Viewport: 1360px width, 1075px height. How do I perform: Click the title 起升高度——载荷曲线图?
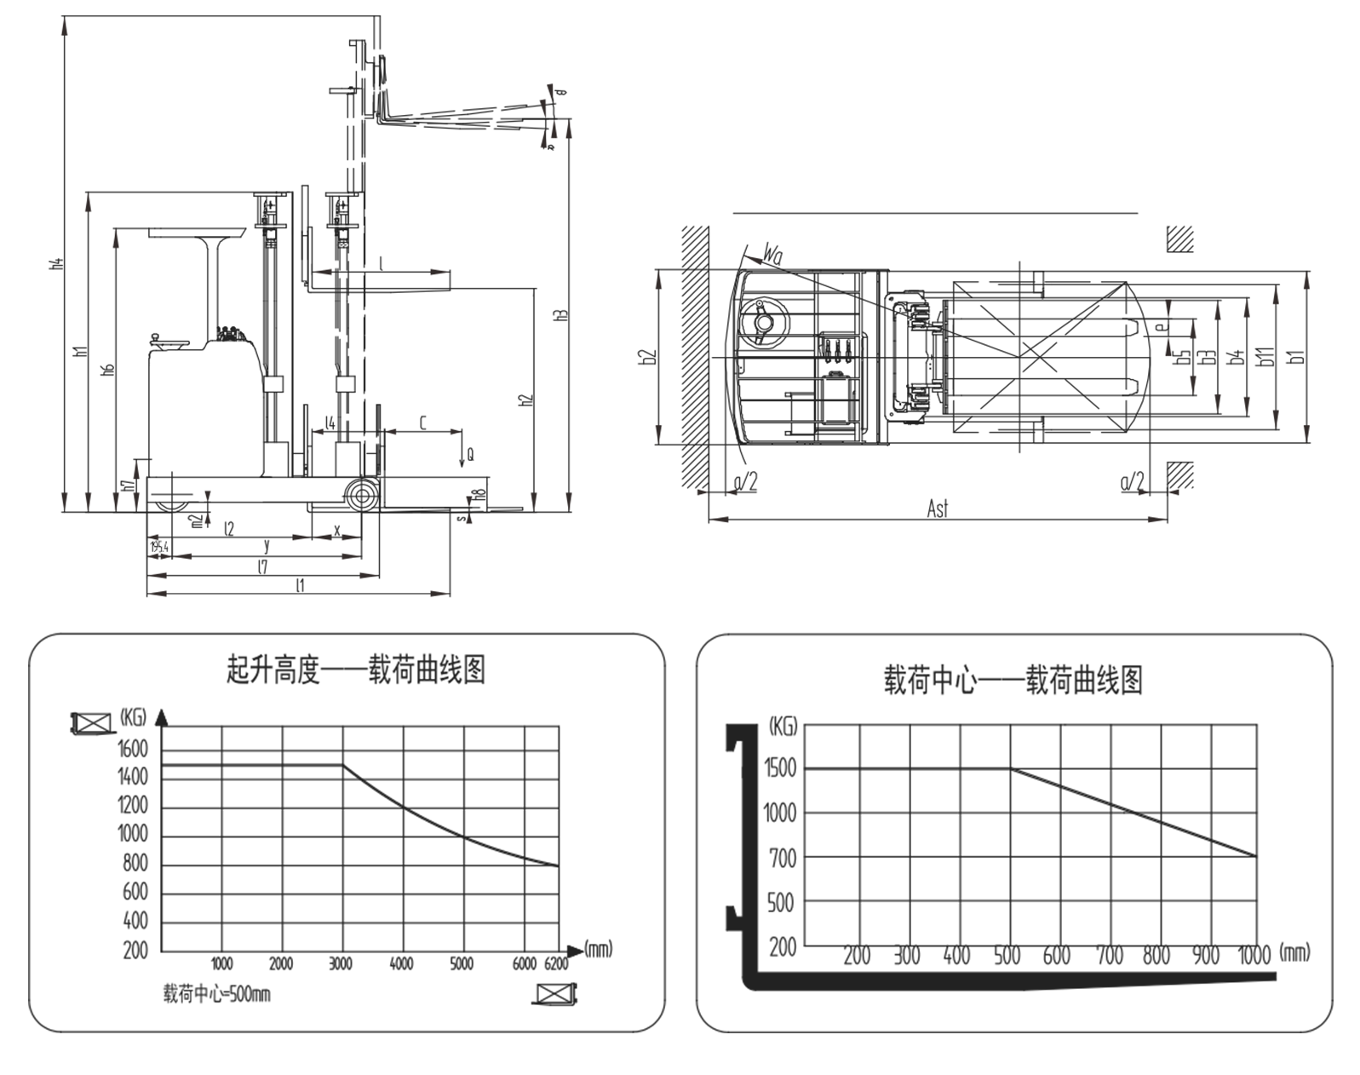(x=356, y=670)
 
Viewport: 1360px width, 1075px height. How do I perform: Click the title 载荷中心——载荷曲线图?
(x=1013, y=681)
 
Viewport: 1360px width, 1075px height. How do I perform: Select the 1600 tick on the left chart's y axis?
(x=133, y=750)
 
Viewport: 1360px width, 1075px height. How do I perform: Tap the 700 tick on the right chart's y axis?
(x=782, y=859)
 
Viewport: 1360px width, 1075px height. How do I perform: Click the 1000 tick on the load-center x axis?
(x=1254, y=956)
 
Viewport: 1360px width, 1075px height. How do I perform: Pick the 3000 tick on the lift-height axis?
(x=341, y=963)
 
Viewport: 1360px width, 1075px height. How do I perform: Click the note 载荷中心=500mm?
(x=217, y=994)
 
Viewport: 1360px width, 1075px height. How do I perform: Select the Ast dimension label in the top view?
(x=937, y=509)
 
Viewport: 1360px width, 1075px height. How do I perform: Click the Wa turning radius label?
(x=772, y=253)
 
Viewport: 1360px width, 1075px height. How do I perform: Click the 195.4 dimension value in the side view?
(x=158, y=547)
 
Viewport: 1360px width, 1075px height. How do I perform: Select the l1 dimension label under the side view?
(x=299, y=585)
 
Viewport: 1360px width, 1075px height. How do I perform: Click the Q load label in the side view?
(x=469, y=455)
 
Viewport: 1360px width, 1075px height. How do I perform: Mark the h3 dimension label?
(x=560, y=313)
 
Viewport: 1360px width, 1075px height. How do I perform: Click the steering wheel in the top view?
(x=762, y=322)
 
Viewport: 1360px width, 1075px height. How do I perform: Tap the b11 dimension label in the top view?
(x=1265, y=356)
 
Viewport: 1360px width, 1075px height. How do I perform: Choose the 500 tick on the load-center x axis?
(x=1007, y=956)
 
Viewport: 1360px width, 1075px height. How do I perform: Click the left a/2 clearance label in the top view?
(x=745, y=482)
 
